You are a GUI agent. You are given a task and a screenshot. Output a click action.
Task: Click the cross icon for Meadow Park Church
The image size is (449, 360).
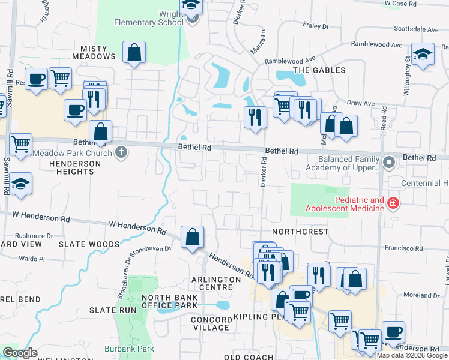[x=121, y=152]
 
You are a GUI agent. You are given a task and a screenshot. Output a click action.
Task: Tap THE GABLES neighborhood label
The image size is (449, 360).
[x=319, y=70]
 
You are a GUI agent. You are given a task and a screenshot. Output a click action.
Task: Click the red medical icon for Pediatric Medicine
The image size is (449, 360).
[x=393, y=204]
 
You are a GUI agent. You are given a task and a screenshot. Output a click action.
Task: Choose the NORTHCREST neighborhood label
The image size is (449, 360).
[x=300, y=232]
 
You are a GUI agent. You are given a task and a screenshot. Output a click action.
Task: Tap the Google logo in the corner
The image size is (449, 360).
[x=20, y=353]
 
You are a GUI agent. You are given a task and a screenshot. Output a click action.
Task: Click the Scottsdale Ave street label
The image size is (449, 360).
[x=416, y=29]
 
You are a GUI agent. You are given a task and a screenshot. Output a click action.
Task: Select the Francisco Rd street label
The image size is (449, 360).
[x=405, y=247]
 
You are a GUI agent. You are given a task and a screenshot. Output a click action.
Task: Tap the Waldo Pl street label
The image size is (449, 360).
[x=32, y=259]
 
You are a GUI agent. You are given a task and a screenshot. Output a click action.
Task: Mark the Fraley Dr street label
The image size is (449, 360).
[x=316, y=26]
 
